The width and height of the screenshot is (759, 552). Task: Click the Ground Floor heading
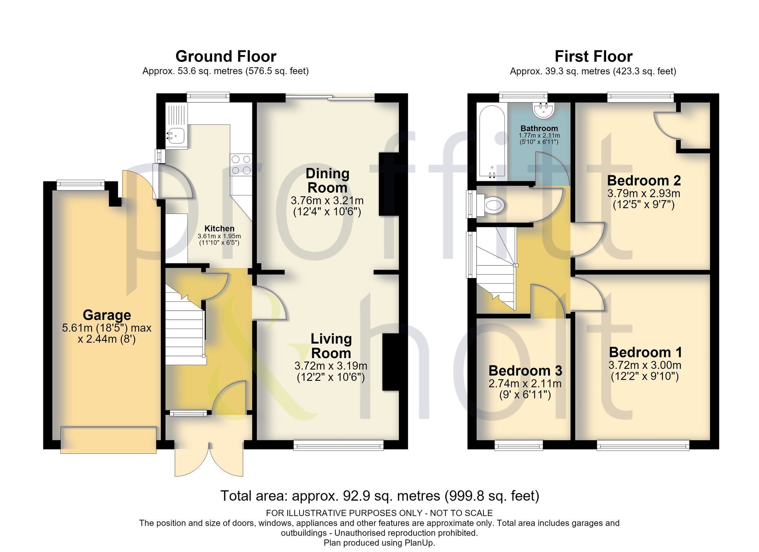(x=226, y=57)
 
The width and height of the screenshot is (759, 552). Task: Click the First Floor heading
(x=594, y=57)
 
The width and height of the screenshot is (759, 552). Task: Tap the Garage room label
(x=107, y=315)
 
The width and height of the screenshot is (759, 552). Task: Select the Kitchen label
(x=219, y=228)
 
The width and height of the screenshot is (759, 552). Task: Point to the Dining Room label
(x=327, y=181)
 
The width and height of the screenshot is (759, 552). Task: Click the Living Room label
(x=331, y=346)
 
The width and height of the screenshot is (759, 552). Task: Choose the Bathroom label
(x=539, y=128)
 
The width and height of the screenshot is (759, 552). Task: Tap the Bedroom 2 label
(x=644, y=180)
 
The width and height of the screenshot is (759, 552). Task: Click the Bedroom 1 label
(x=646, y=352)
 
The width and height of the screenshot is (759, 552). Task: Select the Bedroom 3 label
(x=525, y=370)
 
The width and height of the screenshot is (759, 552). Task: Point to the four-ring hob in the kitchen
(x=241, y=165)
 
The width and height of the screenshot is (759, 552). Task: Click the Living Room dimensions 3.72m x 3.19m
(x=331, y=366)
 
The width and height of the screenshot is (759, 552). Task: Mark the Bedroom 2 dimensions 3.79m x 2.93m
(x=644, y=193)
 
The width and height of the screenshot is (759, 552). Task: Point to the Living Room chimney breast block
(x=390, y=362)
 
